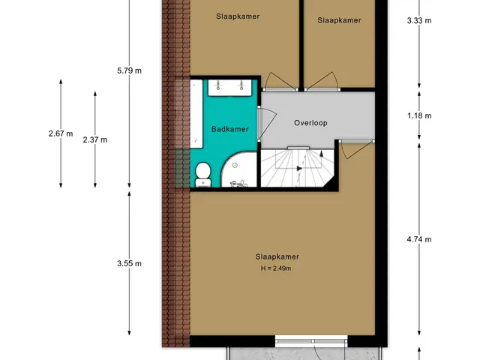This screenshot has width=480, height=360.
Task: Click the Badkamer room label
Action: coord(230,129)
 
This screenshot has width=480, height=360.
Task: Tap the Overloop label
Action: coord(310,123)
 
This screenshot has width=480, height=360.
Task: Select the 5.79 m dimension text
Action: coord(129,70)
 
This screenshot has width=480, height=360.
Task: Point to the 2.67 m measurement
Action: coord(61,133)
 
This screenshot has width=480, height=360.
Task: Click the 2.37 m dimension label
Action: coord(95,140)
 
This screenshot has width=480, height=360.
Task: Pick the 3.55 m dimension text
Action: coord(129,263)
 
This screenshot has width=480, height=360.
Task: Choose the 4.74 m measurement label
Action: coord(419,239)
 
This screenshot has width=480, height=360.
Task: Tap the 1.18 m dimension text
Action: coord(419,115)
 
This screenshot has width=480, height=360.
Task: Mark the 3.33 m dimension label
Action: coord(419,20)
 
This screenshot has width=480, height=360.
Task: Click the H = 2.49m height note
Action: coord(276,268)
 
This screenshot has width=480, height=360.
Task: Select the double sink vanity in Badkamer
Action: coord(230,88)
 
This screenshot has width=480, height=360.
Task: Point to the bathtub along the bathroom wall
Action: coord(196,114)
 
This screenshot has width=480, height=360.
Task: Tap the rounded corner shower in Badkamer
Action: coord(239,170)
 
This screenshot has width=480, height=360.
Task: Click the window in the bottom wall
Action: coord(311,341)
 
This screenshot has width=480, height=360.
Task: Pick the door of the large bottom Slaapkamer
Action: coord(355,149)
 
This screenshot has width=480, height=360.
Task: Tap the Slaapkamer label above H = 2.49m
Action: coord(277,256)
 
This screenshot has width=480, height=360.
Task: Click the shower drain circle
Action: coord(235,165)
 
